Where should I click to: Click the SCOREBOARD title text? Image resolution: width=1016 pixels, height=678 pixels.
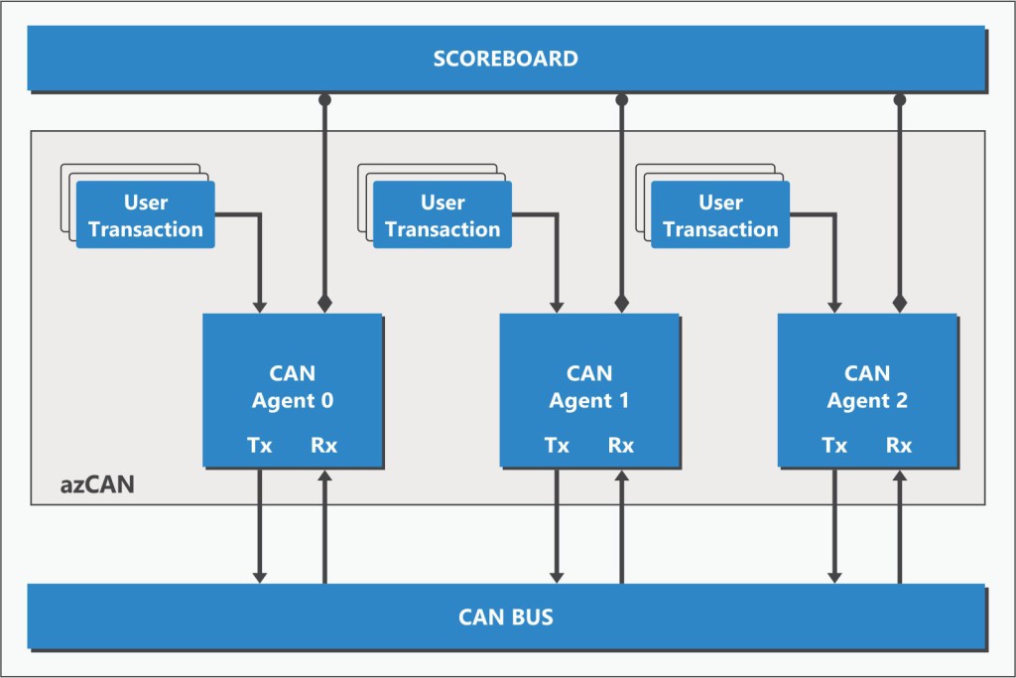[505, 59]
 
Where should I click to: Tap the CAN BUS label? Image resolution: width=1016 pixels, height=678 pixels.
[505, 617]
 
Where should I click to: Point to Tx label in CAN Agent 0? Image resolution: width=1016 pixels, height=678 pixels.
[260, 446]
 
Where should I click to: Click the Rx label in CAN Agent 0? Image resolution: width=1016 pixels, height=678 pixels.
[324, 446]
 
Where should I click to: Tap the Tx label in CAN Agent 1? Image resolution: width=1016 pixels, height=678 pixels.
[557, 446]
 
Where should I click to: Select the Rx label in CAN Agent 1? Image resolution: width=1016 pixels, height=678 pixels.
[621, 446]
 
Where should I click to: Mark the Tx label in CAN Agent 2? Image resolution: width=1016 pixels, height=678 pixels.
[834, 446]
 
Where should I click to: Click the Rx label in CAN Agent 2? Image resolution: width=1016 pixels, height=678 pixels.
[899, 446]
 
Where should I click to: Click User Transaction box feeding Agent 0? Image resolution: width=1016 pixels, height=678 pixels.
[145, 215]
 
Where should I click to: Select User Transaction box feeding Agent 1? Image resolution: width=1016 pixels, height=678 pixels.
[443, 215]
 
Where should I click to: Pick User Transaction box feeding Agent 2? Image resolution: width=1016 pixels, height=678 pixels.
[720, 215]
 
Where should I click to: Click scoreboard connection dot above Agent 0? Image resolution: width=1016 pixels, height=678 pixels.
[324, 99]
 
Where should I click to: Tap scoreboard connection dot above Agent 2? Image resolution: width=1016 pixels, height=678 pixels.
[900, 99]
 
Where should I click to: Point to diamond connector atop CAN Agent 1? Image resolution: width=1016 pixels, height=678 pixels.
[622, 302]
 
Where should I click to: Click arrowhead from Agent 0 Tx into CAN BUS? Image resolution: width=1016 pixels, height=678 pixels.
[260, 576]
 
